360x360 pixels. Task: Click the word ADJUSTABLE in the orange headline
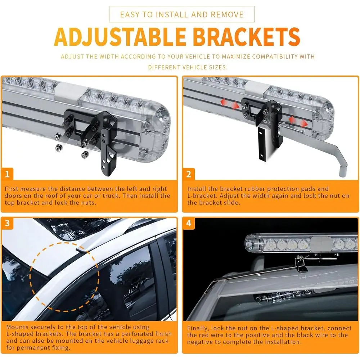point(120,37)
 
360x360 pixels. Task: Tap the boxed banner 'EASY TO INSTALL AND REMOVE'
point(182,14)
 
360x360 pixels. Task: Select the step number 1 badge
point(7,174)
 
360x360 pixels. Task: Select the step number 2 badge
point(189,174)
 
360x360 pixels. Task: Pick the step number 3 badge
point(7,223)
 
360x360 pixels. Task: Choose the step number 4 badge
point(189,223)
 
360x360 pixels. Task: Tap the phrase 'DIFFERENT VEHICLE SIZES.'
point(188,67)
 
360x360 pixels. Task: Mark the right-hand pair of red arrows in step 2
point(298,122)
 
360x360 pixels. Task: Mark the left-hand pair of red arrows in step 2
point(230,104)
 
